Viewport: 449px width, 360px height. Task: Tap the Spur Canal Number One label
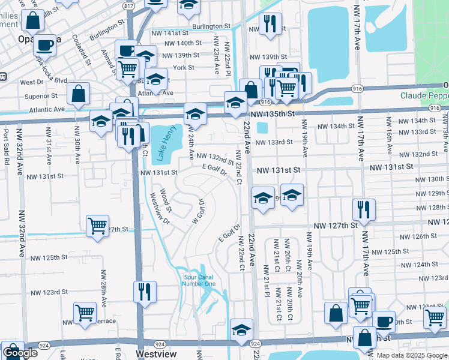click(199, 280)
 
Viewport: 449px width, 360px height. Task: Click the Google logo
click(20, 353)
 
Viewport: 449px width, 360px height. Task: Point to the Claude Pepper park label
click(424, 96)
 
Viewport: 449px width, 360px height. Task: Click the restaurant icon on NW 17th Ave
click(364, 209)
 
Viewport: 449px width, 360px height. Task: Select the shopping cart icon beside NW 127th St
click(97, 226)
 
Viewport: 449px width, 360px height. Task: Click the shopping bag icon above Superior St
click(78, 93)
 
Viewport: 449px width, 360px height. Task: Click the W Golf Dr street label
click(197, 211)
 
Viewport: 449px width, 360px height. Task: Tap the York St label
click(183, 68)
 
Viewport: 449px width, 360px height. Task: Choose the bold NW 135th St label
click(273, 113)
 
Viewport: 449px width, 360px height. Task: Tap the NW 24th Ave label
click(191, 142)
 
